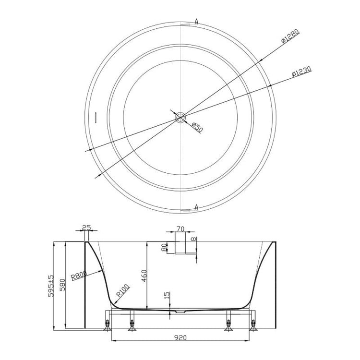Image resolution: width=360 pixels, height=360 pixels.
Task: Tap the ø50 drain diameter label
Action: click(x=197, y=128)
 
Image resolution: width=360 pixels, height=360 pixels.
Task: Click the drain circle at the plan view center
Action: click(x=180, y=116)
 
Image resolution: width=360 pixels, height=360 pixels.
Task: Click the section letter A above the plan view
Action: click(x=196, y=21)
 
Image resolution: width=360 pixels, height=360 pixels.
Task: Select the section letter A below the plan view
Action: click(x=196, y=207)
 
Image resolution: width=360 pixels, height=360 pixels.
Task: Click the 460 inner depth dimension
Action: click(x=143, y=276)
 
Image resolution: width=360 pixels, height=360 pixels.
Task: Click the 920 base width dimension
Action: click(x=181, y=337)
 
